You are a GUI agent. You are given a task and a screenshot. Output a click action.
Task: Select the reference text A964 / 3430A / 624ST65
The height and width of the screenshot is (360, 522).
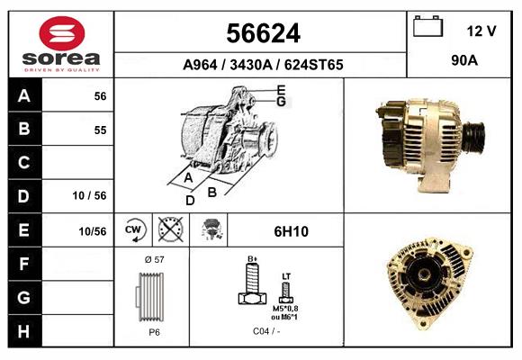262,65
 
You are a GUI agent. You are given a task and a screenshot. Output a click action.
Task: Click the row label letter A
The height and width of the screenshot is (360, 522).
24,96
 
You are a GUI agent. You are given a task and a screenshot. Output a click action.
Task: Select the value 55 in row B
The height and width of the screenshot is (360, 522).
100,130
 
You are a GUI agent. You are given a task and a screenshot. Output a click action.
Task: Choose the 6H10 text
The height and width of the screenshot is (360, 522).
291,231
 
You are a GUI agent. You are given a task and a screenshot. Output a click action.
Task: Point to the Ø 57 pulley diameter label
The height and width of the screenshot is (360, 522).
153,259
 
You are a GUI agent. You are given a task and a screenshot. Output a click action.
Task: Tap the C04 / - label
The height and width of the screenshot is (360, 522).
265,331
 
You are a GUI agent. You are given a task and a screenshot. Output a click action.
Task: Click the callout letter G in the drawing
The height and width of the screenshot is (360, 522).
281,102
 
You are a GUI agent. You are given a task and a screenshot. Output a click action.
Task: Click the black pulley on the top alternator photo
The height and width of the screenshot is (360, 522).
473,136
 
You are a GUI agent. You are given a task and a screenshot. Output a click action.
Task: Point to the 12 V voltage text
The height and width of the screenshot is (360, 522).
481,31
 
